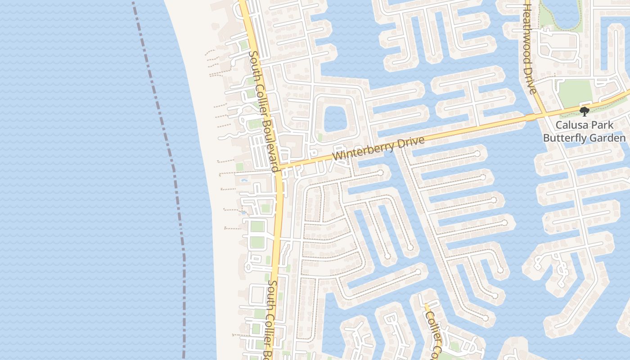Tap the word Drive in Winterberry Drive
[x=411, y=143]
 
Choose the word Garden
[x=609, y=138]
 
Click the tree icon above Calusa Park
[x=585, y=111]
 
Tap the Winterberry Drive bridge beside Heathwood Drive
[x=531, y=117]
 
